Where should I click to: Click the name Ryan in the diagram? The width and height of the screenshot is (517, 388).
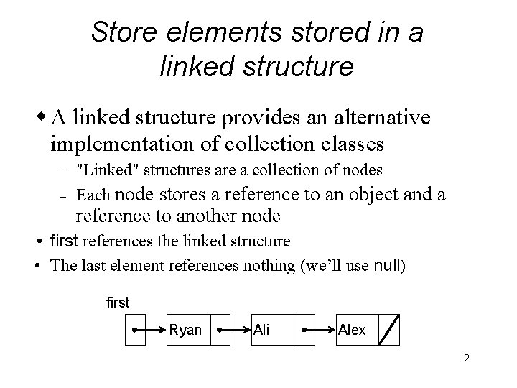185,330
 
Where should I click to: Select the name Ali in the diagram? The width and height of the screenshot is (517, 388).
262,330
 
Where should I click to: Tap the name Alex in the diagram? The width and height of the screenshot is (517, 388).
352,330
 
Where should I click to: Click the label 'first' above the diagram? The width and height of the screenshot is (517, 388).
118,302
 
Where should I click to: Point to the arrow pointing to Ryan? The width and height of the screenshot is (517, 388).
150,331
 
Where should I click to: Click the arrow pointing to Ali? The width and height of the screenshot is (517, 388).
234,331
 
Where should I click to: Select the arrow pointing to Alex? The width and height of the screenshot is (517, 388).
319,331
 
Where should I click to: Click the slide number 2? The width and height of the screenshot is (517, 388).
466,358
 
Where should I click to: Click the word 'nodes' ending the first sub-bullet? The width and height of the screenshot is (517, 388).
365,170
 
